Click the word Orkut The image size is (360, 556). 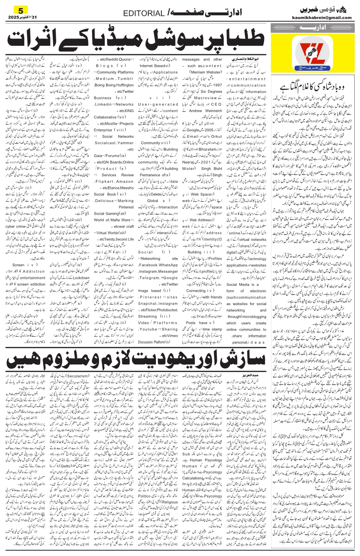(216, 136)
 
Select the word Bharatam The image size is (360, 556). (208, 149)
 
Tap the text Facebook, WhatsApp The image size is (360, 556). (158, 265)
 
